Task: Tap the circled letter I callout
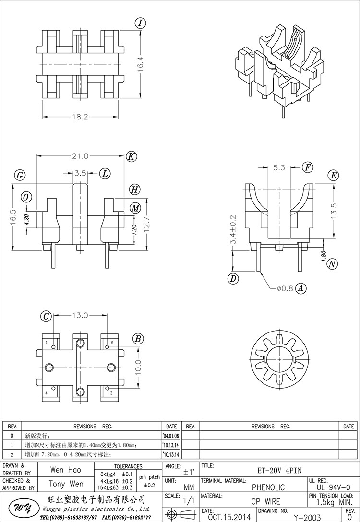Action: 140,23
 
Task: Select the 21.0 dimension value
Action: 80,156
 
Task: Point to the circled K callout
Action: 131,156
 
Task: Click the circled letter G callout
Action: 20,175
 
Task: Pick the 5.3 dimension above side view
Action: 279,167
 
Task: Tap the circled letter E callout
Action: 333,175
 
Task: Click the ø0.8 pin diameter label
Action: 285,288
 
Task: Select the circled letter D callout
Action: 233,278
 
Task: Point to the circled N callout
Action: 332,263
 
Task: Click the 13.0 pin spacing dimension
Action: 80,316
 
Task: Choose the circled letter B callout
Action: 138,339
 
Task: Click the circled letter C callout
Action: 46,316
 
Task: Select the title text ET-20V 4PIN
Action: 283,470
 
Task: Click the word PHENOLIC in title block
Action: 268,487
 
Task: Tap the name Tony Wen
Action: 66,484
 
